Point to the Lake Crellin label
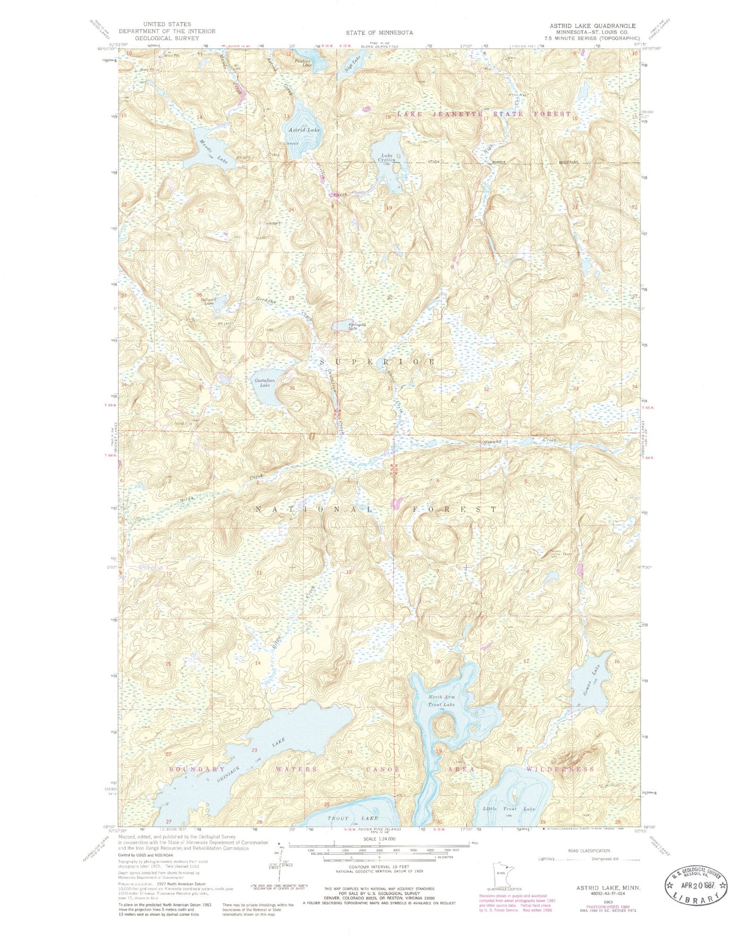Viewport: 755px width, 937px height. (387, 157)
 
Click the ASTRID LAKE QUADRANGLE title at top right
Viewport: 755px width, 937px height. (592, 26)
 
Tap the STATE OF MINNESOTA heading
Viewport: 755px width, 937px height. (379, 32)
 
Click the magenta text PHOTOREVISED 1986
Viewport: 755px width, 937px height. (591, 907)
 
